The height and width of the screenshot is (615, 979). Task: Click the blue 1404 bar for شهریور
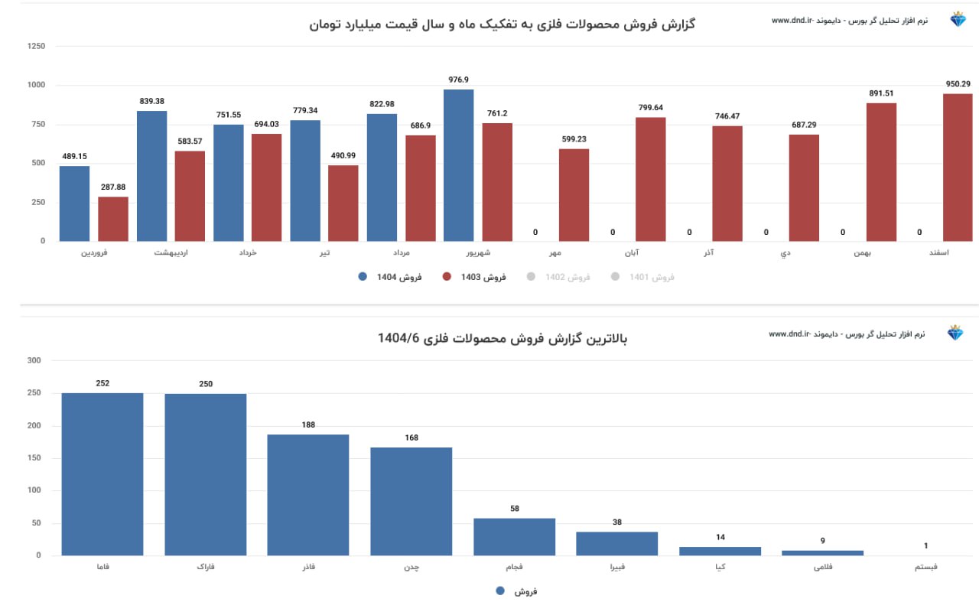click(x=458, y=165)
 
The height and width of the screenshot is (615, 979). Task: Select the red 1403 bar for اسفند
click(x=958, y=168)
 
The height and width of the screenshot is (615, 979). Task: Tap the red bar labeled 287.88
click(x=113, y=219)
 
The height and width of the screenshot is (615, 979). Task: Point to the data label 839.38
click(x=152, y=101)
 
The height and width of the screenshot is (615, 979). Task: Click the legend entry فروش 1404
click(x=390, y=277)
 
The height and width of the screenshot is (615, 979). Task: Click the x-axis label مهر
click(x=555, y=252)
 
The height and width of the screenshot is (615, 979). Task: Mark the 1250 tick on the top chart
click(x=36, y=47)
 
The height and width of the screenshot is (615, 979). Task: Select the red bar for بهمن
click(x=881, y=172)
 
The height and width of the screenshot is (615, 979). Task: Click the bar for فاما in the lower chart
click(x=102, y=474)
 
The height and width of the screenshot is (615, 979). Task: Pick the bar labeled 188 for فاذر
click(x=307, y=495)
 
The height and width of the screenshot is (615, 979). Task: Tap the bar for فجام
click(x=514, y=537)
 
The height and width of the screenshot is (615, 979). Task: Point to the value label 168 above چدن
click(x=411, y=438)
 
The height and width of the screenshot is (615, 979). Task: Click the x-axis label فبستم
click(x=925, y=568)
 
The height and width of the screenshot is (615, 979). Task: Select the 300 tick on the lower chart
click(x=34, y=360)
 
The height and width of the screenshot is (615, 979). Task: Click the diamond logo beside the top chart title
click(x=958, y=20)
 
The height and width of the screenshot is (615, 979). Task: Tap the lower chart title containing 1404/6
click(x=503, y=338)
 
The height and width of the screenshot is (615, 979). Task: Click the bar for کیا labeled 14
click(x=720, y=551)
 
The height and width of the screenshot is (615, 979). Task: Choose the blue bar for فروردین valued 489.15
click(x=75, y=203)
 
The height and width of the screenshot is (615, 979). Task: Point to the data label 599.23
click(x=574, y=139)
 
